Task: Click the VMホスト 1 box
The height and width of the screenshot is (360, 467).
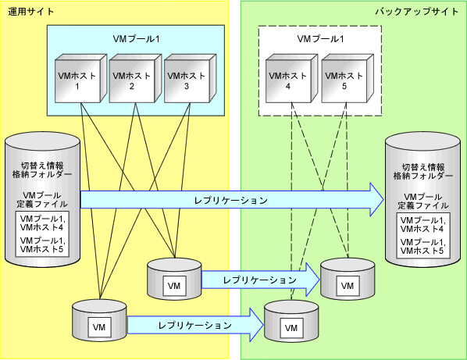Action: tap(80, 79)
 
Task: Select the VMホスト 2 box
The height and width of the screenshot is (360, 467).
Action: tap(135, 79)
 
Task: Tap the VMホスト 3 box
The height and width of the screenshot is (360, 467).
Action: tap(190, 79)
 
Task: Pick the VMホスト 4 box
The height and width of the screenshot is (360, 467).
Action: tap(292, 79)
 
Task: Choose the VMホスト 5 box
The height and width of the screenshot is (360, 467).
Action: tap(348, 79)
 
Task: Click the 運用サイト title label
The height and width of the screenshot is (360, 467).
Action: tap(31, 12)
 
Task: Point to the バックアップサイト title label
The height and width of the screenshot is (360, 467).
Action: tap(417, 12)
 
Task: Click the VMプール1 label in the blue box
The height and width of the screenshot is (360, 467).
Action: tap(136, 39)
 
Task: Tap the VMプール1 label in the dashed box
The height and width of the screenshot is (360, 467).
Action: tap(320, 39)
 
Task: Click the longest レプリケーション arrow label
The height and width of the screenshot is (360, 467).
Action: tap(231, 201)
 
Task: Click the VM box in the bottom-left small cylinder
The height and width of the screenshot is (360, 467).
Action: tap(99, 327)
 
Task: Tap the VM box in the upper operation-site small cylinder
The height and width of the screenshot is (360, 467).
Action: tap(174, 286)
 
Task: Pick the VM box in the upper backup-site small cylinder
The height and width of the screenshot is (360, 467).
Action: tap(348, 286)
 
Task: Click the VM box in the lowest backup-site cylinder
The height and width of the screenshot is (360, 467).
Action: tap(291, 328)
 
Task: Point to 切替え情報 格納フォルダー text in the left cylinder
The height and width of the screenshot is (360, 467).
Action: tap(42, 170)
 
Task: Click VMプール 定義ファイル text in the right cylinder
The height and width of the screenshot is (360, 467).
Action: tap(423, 201)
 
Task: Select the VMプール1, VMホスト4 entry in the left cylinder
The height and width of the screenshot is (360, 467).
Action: tap(42, 223)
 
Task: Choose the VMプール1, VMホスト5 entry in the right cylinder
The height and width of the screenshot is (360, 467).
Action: tap(423, 247)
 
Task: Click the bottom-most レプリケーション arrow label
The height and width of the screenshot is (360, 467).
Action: tap(195, 325)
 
